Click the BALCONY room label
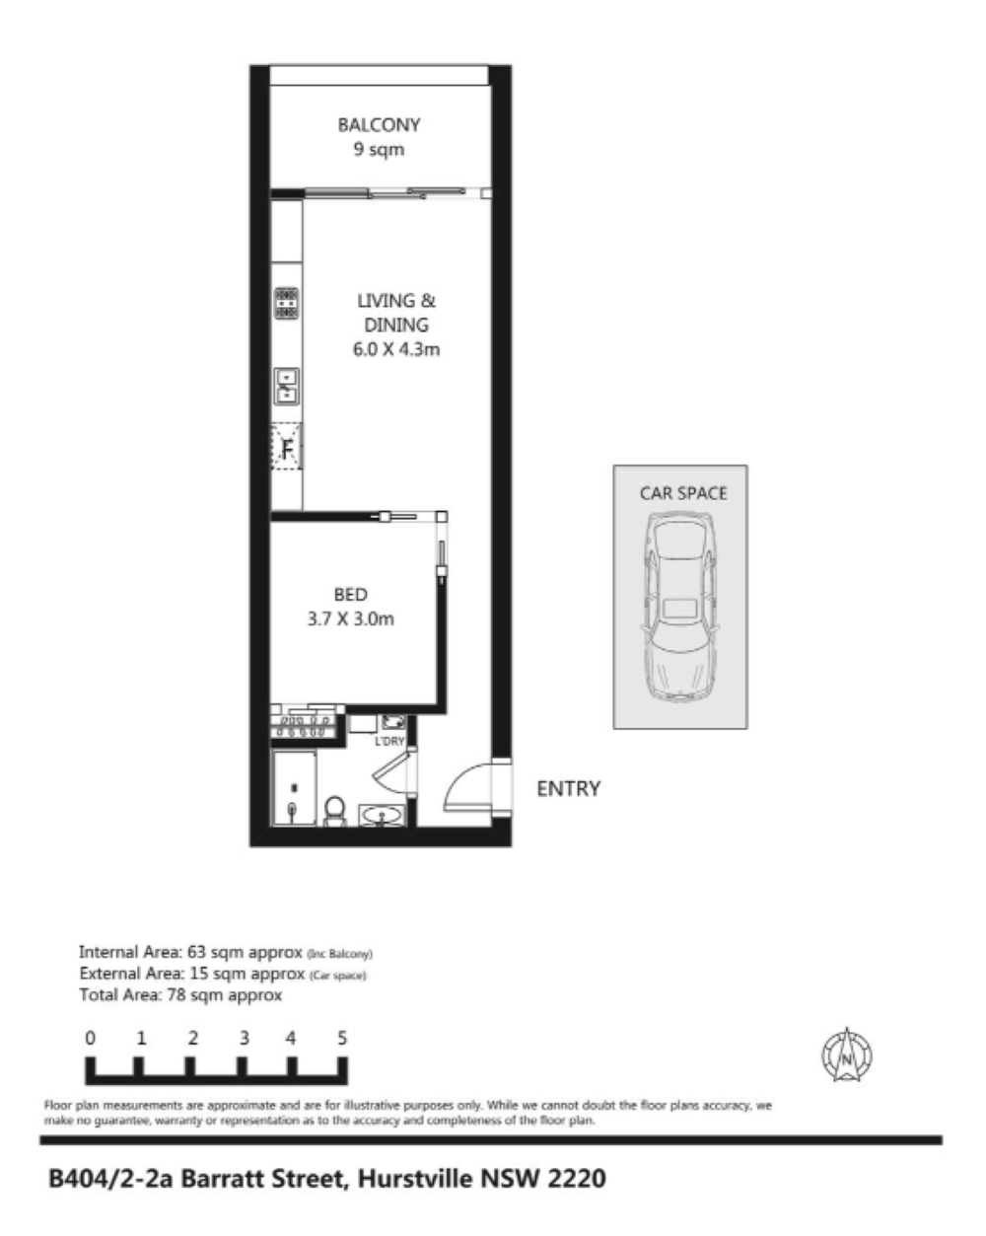379,124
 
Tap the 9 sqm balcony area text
379,150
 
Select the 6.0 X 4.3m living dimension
395,348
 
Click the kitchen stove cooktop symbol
287,303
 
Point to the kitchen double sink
287,386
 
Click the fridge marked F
287,446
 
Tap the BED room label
350,594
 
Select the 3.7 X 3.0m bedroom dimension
350,618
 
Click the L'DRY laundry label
389,741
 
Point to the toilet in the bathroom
335,811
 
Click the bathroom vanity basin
382,815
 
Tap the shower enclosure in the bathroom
294,788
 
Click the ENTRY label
569,788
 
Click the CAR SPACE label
683,493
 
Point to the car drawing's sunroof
680,609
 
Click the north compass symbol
846,1055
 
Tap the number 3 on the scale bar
245,1039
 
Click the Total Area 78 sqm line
180,994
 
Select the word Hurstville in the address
416,1179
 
